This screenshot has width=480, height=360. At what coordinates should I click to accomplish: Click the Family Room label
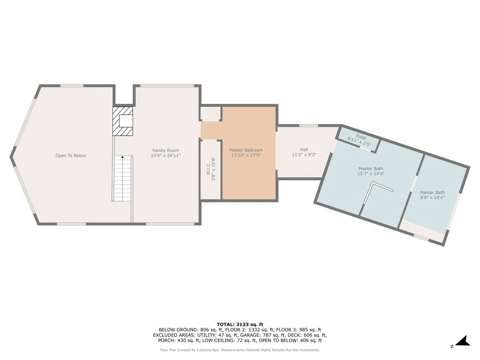click(x=166, y=150)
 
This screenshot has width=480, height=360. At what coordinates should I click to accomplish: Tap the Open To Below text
click(x=71, y=156)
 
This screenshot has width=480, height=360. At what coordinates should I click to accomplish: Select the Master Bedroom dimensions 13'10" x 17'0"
click(x=246, y=155)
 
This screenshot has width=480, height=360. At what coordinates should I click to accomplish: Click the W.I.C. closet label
click(x=208, y=168)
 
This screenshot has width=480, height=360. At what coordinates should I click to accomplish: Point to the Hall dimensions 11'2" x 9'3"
click(x=304, y=154)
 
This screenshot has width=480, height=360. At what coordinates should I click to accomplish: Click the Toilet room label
click(x=361, y=137)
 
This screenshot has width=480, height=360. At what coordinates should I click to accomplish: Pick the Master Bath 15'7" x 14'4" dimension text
click(x=371, y=174)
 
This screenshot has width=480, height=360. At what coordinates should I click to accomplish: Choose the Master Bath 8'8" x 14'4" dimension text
click(x=432, y=198)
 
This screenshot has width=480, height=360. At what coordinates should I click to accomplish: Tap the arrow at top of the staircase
click(x=122, y=157)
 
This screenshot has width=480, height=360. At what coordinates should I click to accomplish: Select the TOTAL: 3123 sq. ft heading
click(x=240, y=324)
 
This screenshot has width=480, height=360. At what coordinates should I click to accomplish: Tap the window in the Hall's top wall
click(x=308, y=126)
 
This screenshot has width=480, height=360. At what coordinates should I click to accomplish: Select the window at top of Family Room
click(x=167, y=86)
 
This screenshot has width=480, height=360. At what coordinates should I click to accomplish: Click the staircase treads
click(x=122, y=178)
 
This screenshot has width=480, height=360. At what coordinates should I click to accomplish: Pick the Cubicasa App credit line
click(x=240, y=350)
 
